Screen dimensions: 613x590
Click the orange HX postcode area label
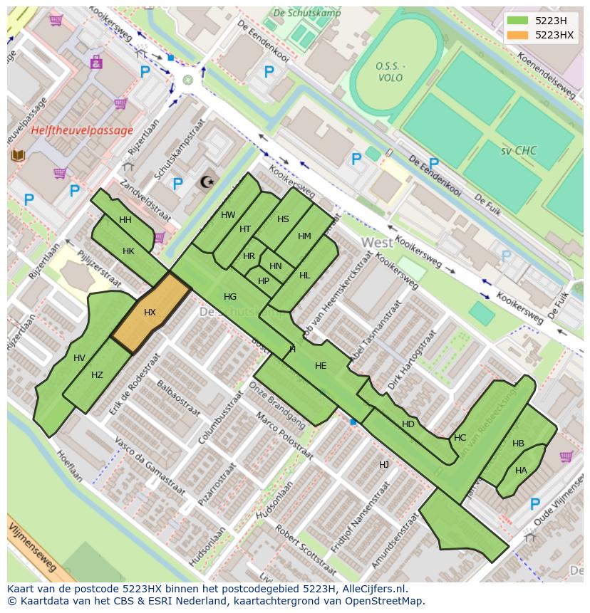150,313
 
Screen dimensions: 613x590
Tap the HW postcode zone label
228,215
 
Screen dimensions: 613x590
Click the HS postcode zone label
283,219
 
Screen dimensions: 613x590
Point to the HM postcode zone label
304,236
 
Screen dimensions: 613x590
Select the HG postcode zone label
230,297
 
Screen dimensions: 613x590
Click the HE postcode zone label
321,366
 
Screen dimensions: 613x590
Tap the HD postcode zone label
408,424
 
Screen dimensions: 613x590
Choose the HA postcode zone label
521,471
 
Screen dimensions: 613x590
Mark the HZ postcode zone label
97,375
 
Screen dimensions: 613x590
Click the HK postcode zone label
128,251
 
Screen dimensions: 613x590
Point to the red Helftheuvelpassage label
82,130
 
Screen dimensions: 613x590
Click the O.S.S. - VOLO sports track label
390,72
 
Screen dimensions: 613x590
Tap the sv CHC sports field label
518,151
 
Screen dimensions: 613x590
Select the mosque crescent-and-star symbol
207,182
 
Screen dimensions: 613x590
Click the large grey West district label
377,243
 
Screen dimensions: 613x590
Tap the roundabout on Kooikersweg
187,80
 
